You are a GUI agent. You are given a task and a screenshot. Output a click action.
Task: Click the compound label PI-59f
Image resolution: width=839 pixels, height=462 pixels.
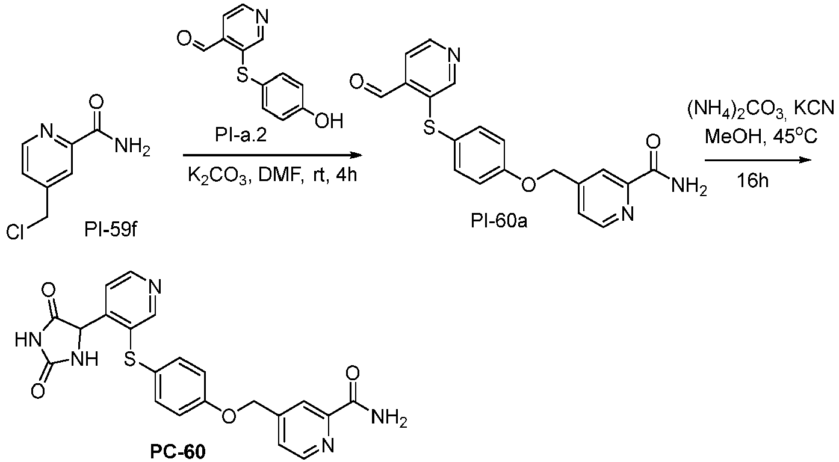pos(111,230)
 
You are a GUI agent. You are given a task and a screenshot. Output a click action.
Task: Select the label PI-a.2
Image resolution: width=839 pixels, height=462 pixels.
pos(241,135)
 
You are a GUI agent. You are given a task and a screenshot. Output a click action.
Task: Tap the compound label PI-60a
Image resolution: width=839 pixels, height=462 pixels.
pos(499,221)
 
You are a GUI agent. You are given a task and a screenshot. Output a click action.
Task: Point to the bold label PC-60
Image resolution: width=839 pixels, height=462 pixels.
pos(178,452)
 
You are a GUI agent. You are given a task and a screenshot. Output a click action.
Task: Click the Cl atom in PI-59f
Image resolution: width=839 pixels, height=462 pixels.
pos(16,233)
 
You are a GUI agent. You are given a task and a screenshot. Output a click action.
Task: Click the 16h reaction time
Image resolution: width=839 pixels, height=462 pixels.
pos(753,181)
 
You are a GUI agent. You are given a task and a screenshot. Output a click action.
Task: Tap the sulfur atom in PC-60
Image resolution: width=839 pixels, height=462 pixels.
pos(129,360)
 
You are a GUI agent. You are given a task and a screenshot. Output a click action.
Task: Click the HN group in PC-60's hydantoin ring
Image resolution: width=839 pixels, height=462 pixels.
pos(27,340)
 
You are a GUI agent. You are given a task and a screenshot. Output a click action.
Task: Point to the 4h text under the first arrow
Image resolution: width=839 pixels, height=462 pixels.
pos(346,175)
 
